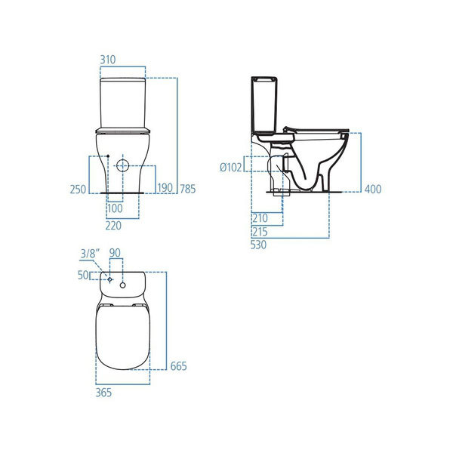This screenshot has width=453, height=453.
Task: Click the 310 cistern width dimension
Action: click(x=108, y=60)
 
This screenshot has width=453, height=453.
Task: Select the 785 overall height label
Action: click(x=188, y=189)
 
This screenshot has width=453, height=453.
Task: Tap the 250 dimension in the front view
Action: click(x=78, y=190)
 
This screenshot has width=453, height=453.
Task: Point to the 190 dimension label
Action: click(x=165, y=188)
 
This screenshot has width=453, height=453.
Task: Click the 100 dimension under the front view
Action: click(x=115, y=208)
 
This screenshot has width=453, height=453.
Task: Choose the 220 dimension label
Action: click(x=113, y=226)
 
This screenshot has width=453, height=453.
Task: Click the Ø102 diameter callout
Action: click(x=230, y=168)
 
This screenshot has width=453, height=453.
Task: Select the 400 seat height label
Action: click(x=373, y=190)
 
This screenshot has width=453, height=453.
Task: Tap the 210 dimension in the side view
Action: click(x=260, y=218)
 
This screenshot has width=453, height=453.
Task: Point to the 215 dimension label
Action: click(x=260, y=232)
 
